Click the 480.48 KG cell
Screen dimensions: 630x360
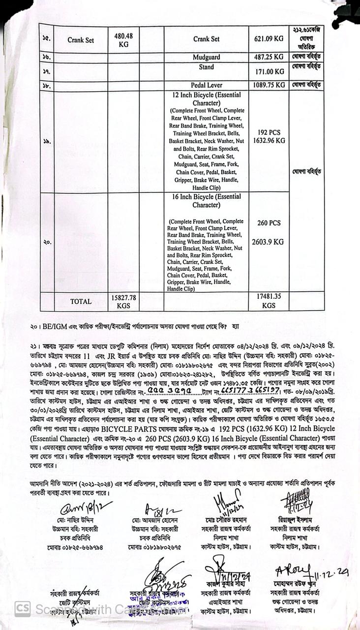pyautogui.click(x=123, y=40)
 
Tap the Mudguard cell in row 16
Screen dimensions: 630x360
pyautogui.click(x=206, y=58)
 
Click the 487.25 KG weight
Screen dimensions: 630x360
pyautogui.click(x=269, y=58)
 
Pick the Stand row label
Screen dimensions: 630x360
pyautogui.click(x=206, y=67)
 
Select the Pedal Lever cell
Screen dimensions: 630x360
pyautogui.click(x=207, y=85)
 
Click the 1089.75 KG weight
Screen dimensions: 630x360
pyautogui.click(x=269, y=85)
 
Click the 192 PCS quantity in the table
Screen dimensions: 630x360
pyautogui.click(x=269, y=132)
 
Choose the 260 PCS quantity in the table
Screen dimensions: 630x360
pyautogui.click(x=269, y=223)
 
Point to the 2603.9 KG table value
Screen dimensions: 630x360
pyautogui.click(x=269, y=242)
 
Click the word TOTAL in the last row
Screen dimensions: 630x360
pyautogui.click(x=81, y=302)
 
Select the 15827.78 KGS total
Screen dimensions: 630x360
pyautogui.click(x=123, y=301)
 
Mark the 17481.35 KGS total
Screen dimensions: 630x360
pyautogui.click(x=269, y=301)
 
